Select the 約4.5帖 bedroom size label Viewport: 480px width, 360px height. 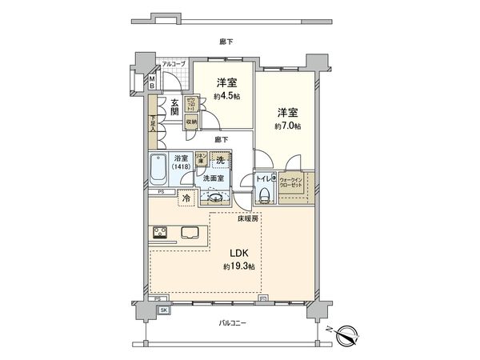pyautogui.click(x=225, y=100)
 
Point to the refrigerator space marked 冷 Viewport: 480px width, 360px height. pyautogui.click(x=186, y=198)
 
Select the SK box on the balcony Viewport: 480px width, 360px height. pyautogui.click(x=164, y=310)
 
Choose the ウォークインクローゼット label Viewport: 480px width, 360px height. pyautogui.click(x=294, y=182)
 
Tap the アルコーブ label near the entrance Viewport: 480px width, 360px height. pyautogui.click(x=173, y=64)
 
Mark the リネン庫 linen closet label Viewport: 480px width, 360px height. pyautogui.click(x=202, y=158)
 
